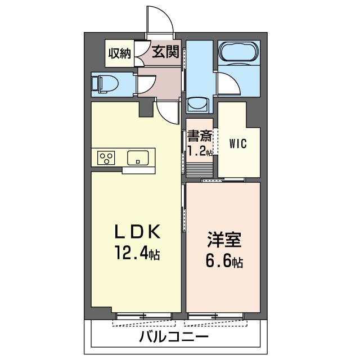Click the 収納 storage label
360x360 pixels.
click(120, 53)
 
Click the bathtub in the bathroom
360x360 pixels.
click(239, 53)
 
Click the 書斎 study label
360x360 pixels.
click(200, 137)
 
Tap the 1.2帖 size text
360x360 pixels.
click(200, 151)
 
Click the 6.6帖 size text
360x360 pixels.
click(223, 262)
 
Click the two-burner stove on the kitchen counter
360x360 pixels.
click(106, 157)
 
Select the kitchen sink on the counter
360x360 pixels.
click(137, 157)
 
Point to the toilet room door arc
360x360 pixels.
click(145, 84)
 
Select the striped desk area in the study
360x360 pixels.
click(199, 169)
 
